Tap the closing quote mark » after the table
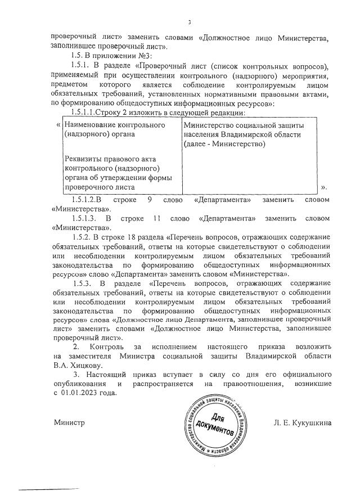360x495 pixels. pos(323,187)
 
